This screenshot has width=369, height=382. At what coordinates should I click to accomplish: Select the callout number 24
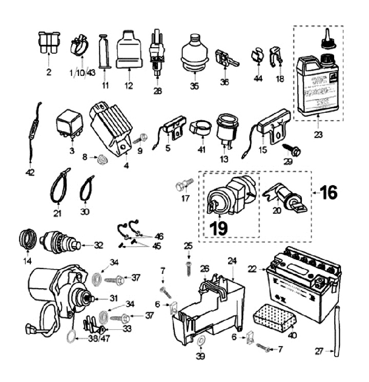point(233,260)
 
